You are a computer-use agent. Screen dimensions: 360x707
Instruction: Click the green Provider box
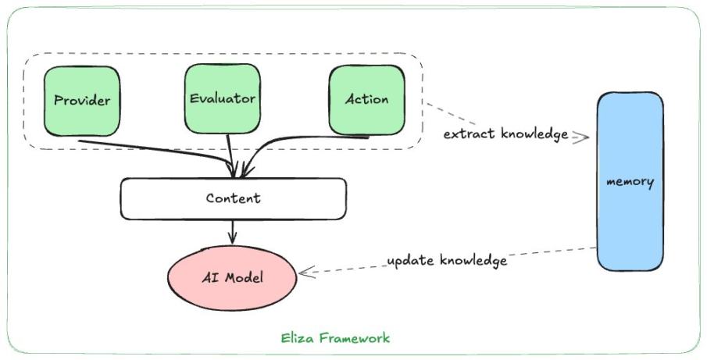click(x=82, y=99)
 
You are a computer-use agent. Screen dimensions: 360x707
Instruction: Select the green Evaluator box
click(x=222, y=98)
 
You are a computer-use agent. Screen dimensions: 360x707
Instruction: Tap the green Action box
click(x=366, y=99)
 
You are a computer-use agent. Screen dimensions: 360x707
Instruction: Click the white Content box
click(x=233, y=198)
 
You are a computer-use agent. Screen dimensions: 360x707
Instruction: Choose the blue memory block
click(x=630, y=181)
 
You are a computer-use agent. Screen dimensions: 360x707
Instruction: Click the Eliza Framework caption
click(x=335, y=338)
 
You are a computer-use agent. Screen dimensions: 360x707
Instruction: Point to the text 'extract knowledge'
click(x=505, y=134)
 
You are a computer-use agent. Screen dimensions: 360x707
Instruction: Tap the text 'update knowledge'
click(x=448, y=260)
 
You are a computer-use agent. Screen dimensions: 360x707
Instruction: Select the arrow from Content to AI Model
click(x=233, y=231)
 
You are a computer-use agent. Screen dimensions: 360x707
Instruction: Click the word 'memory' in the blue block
click(x=630, y=181)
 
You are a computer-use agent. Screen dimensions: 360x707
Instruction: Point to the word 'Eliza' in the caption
click(x=298, y=338)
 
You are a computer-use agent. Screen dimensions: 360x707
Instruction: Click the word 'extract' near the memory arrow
click(x=466, y=134)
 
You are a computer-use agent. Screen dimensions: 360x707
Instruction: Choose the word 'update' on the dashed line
click(x=411, y=262)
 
